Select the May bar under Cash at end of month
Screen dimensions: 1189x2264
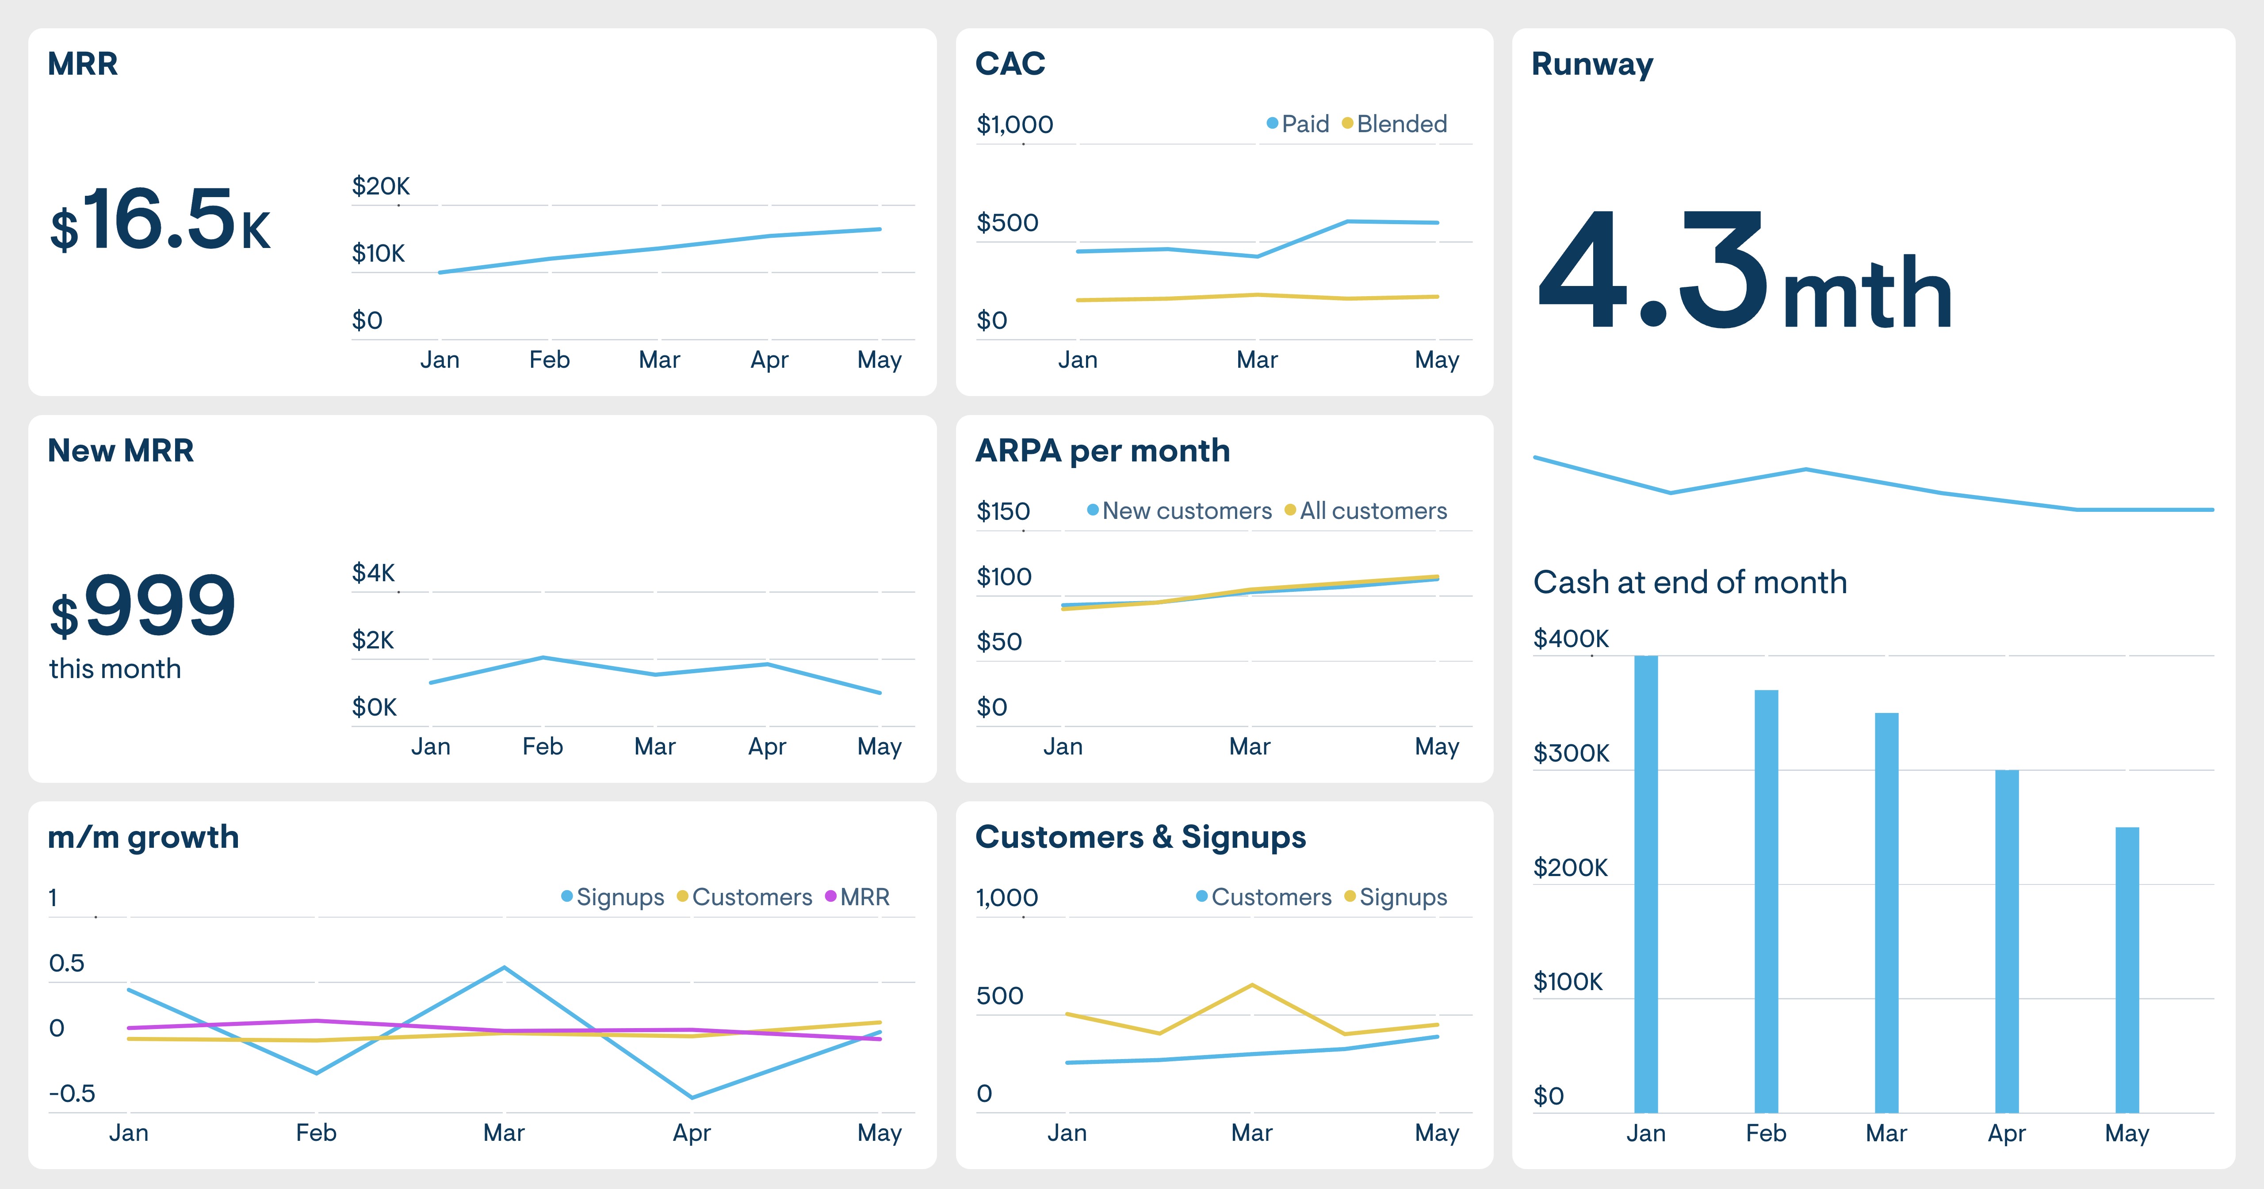point(2127,969)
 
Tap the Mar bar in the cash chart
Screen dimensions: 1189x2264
point(1886,912)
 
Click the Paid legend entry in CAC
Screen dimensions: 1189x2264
point(1298,124)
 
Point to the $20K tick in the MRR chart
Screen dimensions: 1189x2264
point(381,186)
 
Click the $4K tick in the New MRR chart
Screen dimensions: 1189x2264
point(374,573)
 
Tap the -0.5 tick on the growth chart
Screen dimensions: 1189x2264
point(72,1093)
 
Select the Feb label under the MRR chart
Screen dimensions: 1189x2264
point(549,359)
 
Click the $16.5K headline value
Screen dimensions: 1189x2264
point(160,220)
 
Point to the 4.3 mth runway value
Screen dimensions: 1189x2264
point(1744,272)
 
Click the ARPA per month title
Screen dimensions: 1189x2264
point(1102,451)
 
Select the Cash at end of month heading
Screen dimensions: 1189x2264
point(1689,582)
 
